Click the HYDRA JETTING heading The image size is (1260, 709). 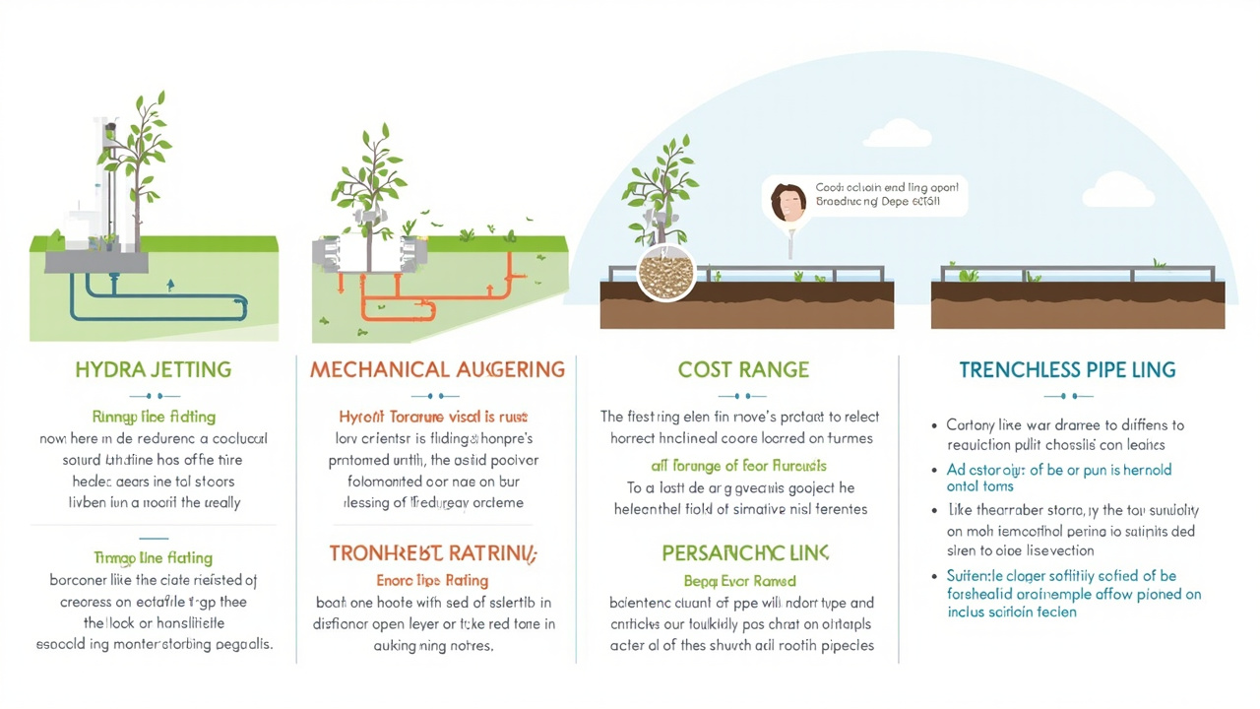point(153,370)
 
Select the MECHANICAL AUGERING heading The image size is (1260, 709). point(437,370)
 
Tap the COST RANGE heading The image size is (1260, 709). point(743,370)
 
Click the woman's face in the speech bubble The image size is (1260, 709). point(787,202)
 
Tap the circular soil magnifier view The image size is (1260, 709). point(665,273)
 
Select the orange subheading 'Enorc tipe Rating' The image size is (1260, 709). point(432,580)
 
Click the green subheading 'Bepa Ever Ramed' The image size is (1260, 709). point(740,581)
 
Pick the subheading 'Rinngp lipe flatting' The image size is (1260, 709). point(154,417)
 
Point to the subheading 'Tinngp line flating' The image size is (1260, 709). point(153,558)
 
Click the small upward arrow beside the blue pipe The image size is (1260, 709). point(171,286)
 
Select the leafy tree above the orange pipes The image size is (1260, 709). point(370,177)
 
